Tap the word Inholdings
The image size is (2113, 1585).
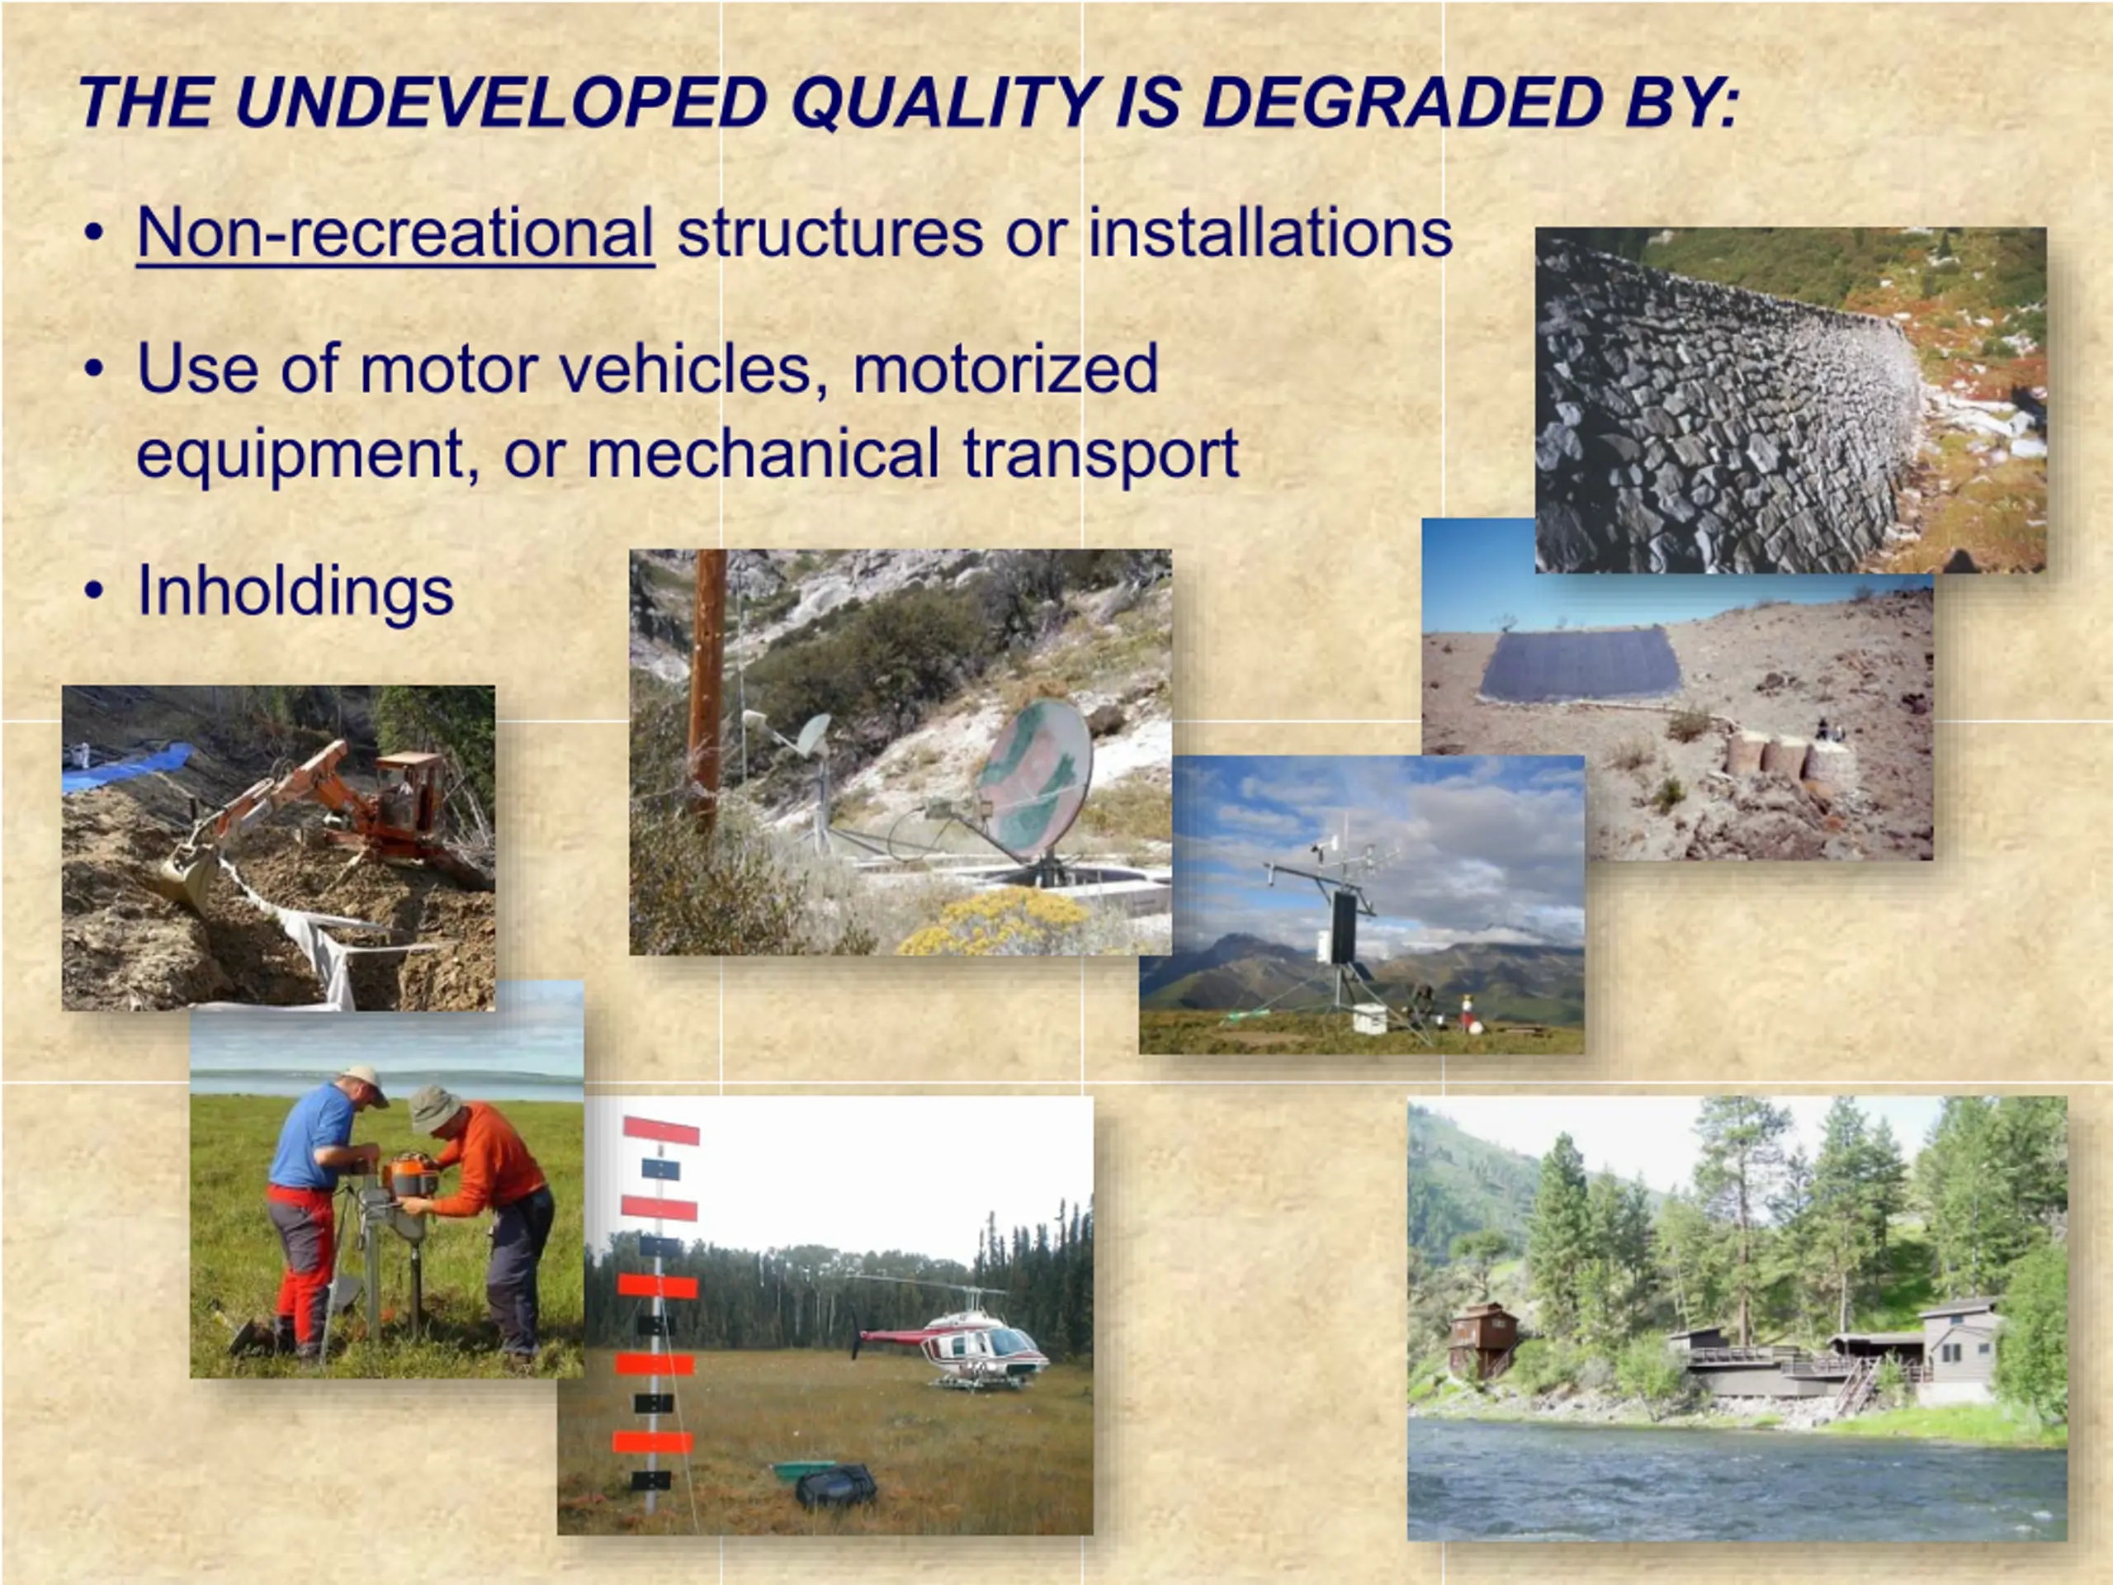tap(295, 590)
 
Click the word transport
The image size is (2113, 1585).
tap(1100, 454)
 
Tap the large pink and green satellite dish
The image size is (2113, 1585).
tap(1033, 778)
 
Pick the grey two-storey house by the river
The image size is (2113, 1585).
tap(1960, 1350)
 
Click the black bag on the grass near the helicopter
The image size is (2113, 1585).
tap(835, 1487)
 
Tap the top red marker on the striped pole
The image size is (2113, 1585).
tap(661, 1130)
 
